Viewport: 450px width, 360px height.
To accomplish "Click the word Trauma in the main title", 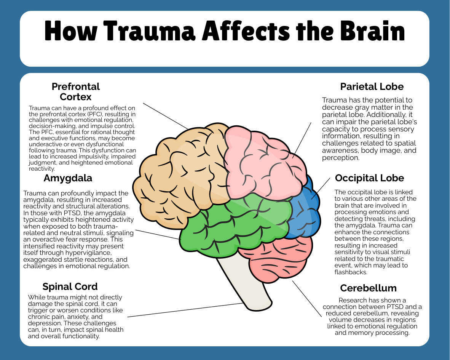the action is (149, 31).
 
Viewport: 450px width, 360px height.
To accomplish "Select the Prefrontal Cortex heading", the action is (76, 91).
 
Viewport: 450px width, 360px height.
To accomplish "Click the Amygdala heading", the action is (68, 178).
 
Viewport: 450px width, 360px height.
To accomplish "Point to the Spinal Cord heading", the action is (70, 286).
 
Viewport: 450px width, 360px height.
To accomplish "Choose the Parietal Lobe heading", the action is (372, 86).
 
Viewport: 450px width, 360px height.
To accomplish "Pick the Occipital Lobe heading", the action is (369, 178).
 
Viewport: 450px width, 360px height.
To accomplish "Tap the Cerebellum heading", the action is (369, 288).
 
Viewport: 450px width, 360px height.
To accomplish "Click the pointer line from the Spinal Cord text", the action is (185, 310).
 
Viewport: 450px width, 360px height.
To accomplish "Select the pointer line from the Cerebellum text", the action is (307, 299).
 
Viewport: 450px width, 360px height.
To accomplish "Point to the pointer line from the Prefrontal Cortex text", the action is (166, 116).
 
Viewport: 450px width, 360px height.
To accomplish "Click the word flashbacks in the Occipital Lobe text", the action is (350, 272).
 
